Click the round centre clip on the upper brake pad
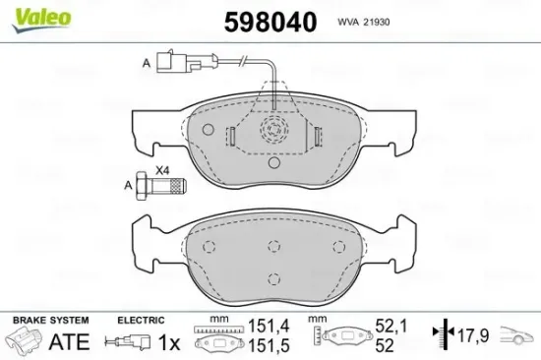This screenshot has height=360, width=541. pyautogui.click(x=270, y=134)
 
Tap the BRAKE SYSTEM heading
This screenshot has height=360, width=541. pyautogui.click(x=49, y=321)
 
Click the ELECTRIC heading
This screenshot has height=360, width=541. pyautogui.click(x=140, y=321)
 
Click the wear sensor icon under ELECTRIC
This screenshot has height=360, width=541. pyautogui.click(x=129, y=343)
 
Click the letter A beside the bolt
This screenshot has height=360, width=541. pyautogui.click(x=128, y=184)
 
